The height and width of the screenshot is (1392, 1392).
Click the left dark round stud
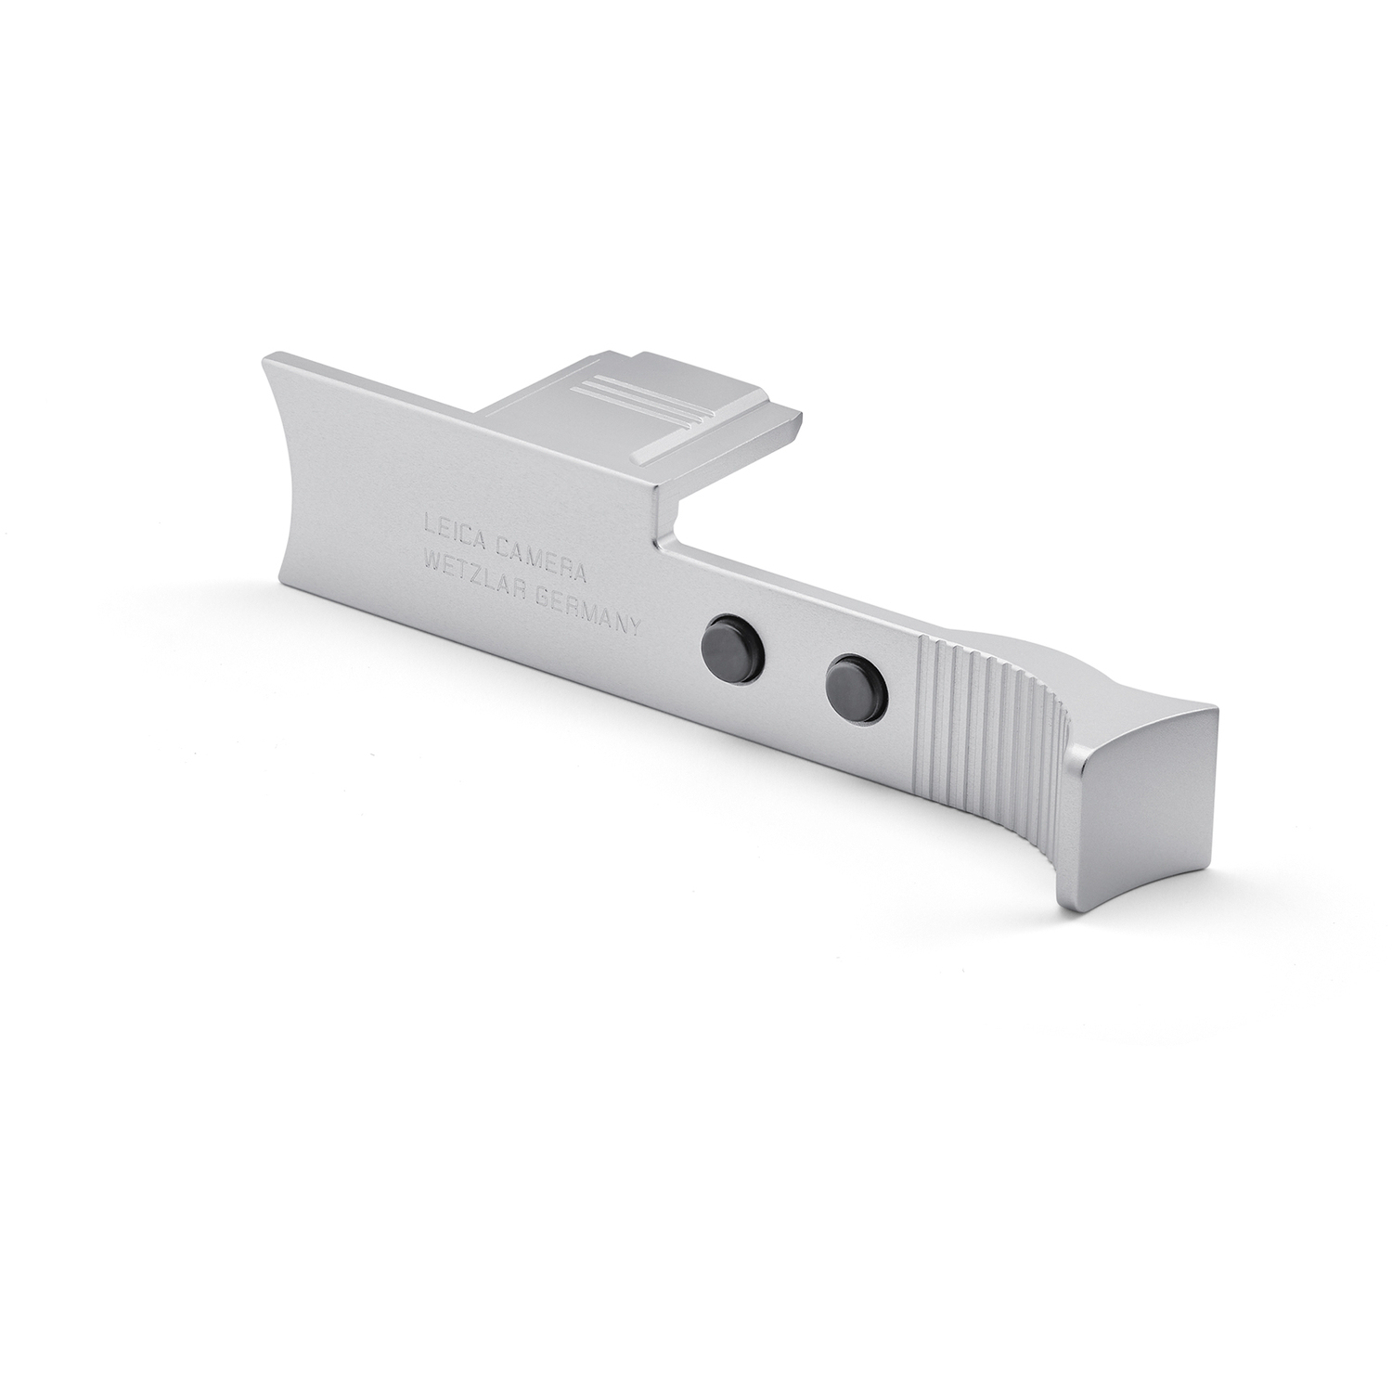coord(728,640)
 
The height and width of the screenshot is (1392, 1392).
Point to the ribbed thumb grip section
coord(984,724)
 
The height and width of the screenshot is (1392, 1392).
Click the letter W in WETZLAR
coord(431,560)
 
